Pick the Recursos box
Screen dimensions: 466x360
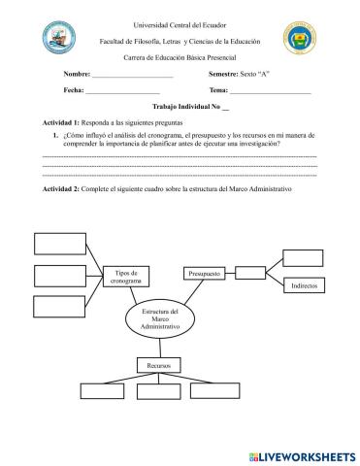(x=159, y=365)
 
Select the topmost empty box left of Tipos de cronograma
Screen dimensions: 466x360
(x=59, y=243)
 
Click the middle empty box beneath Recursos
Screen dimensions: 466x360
(x=159, y=392)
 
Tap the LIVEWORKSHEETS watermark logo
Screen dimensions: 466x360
(x=302, y=456)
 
